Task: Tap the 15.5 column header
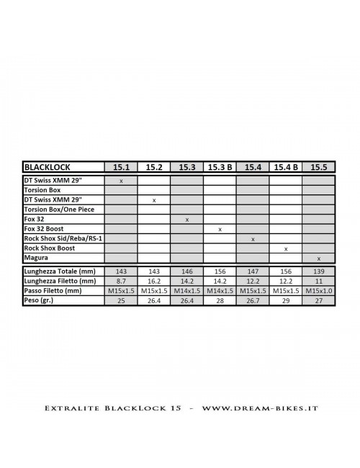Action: point(319,166)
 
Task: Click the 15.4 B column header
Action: point(286,166)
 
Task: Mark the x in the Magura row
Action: point(319,258)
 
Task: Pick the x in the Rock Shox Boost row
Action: point(286,248)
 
